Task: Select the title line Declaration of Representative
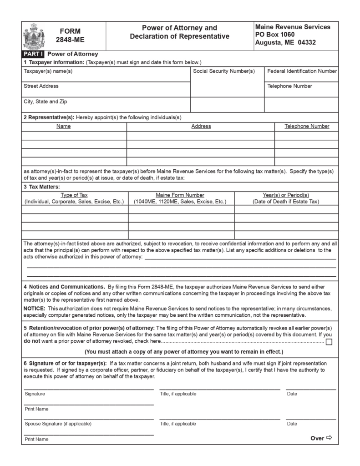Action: (x=179, y=36)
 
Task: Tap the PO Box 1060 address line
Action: (x=275, y=35)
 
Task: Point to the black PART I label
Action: (x=30, y=54)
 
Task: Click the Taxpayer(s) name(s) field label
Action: (x=48, y=71)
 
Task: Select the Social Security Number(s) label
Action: (x=224, y=71)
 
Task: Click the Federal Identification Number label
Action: (x=302, y=71)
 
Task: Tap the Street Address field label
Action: (x=41, y=86)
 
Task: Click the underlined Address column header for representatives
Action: (x=201, y=126)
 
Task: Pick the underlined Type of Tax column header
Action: (x=74, y=195)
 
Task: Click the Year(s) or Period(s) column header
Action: (x=286, y=195)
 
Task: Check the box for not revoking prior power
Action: (x=329, y=342)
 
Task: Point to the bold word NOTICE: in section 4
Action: (x=34, y=309)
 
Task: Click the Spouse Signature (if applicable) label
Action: (x=58, y=424)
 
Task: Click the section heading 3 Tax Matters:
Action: (x=42, y=187)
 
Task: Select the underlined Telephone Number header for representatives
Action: (x=307, y=126)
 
